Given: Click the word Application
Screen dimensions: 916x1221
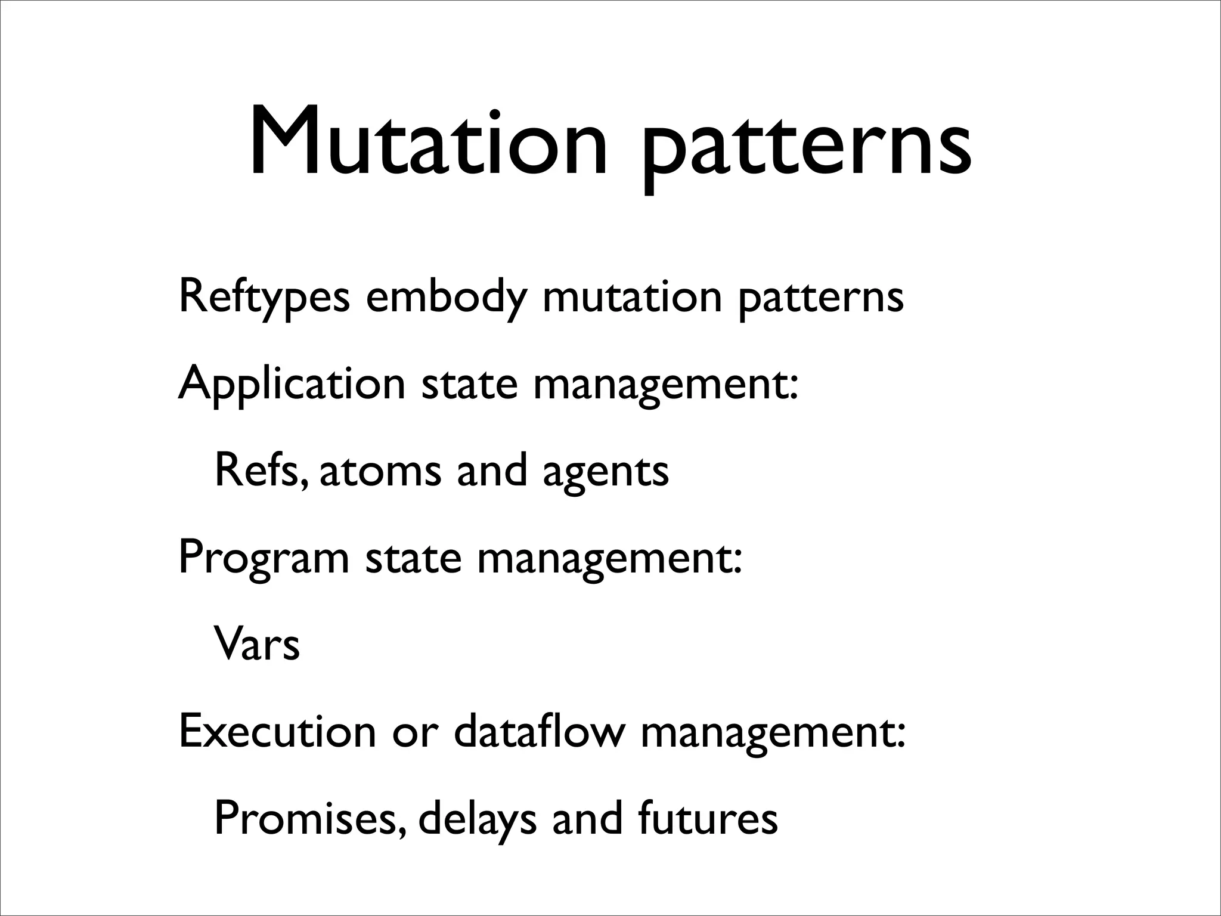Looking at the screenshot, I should [292, 385].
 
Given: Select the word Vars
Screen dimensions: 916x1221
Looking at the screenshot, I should [257, 645].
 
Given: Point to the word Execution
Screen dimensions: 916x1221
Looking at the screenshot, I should [277, 731].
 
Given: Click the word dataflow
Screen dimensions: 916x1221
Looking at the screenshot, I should [539, 731].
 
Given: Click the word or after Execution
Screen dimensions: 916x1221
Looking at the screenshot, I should [414, 733].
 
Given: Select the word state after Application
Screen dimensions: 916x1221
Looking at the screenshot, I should [469, 385].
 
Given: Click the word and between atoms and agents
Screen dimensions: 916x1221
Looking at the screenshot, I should [492, 470].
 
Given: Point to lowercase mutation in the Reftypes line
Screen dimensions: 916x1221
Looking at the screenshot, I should [632, 296].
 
